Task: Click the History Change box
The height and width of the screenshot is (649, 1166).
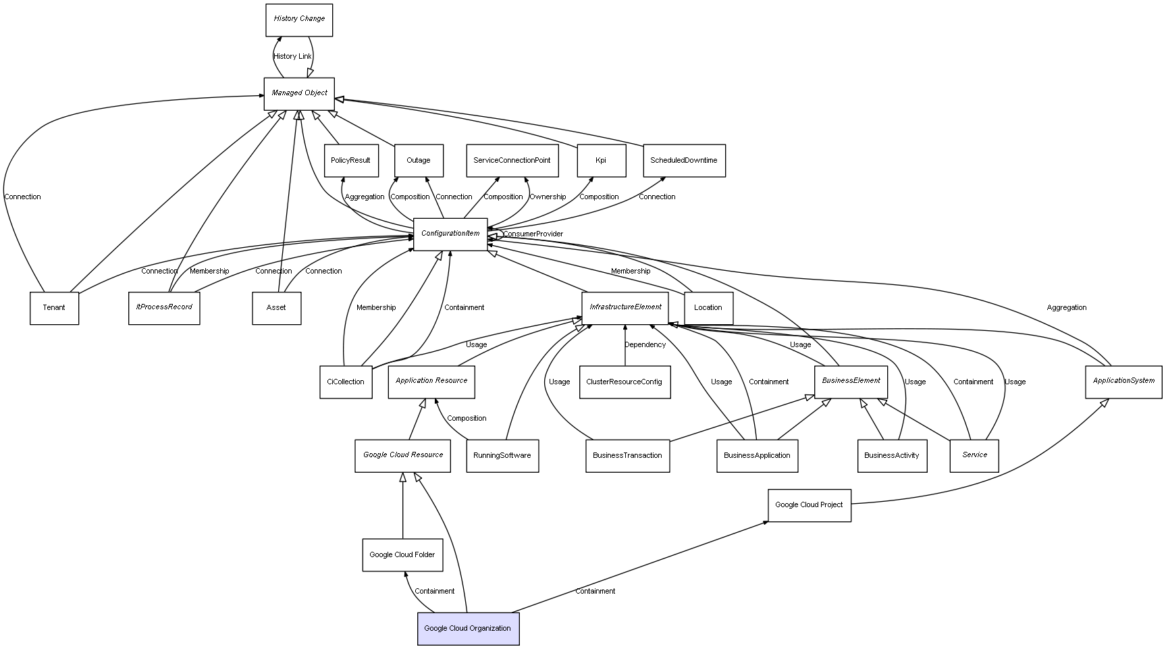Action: pos(299,20)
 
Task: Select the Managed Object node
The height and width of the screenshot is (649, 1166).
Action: pos(299,94)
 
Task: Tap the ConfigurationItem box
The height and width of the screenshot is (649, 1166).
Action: pos(450,234)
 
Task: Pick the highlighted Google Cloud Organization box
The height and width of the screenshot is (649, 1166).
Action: pos(468,629)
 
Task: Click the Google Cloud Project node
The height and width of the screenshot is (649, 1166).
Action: pos(809,505)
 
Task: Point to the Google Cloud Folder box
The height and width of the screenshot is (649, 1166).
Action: pos(402,555)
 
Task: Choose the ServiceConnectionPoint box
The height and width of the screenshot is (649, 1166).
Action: pos(512,161)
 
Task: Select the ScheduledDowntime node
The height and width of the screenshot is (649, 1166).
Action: pos(684,161)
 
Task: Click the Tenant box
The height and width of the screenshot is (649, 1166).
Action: pos(54,308)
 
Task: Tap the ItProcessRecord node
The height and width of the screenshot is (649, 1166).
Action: pos(164,308)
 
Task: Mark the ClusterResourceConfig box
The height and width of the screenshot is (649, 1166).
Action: pos(625,382)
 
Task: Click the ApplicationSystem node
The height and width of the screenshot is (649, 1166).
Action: pos(1123,382)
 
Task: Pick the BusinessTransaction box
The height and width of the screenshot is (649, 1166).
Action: pos(627,456)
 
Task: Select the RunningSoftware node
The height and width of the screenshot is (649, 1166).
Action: pos(502,456)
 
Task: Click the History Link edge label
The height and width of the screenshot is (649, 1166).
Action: pos(293,57)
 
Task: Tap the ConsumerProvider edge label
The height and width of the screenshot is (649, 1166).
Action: pos(533,234)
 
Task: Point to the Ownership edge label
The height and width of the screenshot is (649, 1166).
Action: pos(548,197)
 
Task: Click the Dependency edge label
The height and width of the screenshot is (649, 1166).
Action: pos(645,345)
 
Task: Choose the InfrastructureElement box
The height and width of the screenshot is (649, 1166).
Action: pos(625,308)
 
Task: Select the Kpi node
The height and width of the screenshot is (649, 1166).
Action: pos(601,161)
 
